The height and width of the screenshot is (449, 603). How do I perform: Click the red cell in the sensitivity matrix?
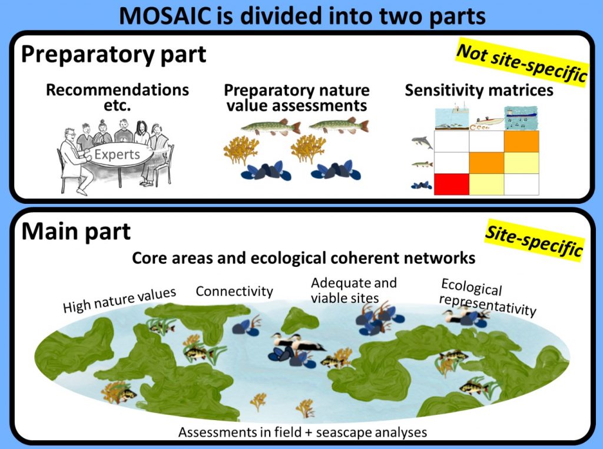click(452, 184)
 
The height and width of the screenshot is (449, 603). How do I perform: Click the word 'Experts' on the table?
click(117, 154)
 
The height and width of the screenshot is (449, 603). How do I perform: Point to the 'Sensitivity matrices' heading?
click(479, 90)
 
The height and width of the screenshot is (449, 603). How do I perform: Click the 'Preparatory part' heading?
click(114, 54)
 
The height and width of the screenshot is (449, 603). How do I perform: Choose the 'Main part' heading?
click(76, 232)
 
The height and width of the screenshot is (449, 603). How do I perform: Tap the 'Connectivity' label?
click(234, 291)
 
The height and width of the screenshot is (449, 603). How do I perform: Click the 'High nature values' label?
click(120, 300)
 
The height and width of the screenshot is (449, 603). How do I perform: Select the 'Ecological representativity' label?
click(488, 298)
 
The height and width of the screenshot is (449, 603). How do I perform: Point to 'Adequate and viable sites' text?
click(354, 290)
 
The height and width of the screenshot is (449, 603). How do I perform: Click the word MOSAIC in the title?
click(170, 16)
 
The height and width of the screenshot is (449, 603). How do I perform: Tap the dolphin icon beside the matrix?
click(422, 143)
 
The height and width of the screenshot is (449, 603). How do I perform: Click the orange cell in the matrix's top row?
click(522, 141)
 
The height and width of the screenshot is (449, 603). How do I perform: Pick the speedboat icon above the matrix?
click(487, 123)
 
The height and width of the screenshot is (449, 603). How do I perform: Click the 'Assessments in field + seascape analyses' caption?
click(303, 432)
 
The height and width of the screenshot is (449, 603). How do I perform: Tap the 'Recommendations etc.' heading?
click(117, 97)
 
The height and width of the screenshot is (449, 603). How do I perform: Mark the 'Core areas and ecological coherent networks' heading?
click(303, 257)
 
